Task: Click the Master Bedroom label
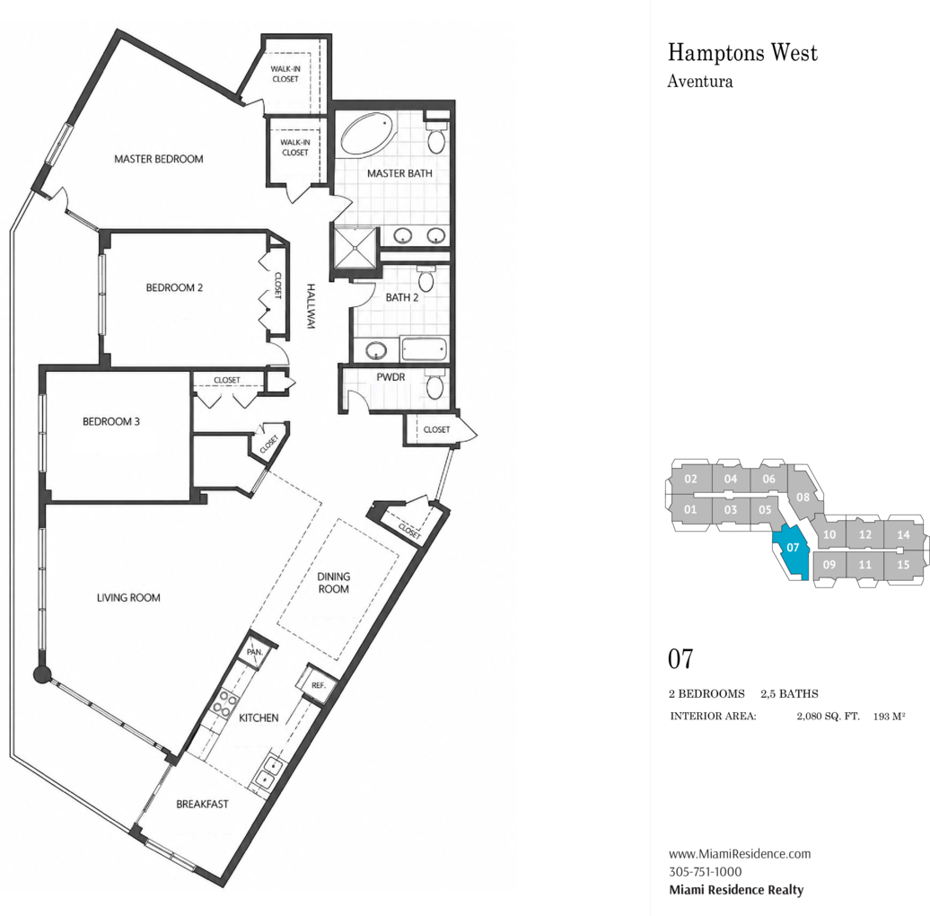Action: [158, 159]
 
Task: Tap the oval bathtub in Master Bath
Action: [367, 134]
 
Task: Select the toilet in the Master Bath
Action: [436, 137]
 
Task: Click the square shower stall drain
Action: [355, 248]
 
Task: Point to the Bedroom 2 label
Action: [174, 287]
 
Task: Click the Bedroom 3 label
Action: [111, 422]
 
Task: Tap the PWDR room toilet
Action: [435, 384]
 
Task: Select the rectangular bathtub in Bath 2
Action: [424, 348]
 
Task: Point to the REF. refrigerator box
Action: [318, 684]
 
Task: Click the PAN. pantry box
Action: [255, 651]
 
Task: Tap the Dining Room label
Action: [333, 583]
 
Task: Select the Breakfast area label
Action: [202, 804]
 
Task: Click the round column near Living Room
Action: [41, 674]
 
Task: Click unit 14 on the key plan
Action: [903, 534]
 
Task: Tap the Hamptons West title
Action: [742, 53]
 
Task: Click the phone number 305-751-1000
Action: [706, 871]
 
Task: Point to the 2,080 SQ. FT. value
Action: [828, 716]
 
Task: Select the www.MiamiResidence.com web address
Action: [740, 854]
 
